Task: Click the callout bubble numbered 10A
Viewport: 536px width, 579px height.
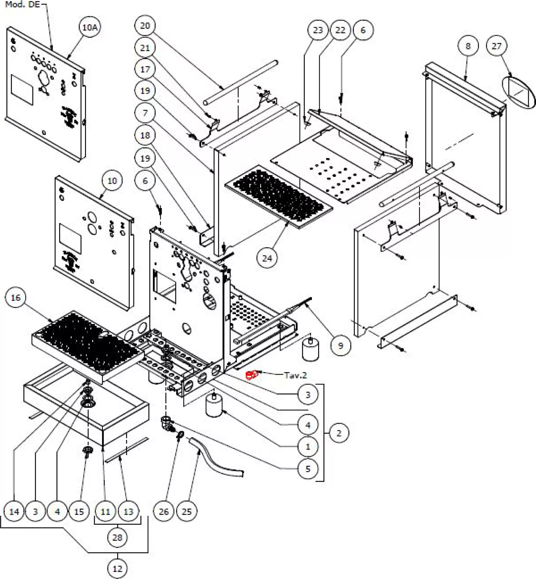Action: click(x=90, y=28)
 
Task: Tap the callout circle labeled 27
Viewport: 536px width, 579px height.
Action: click(x=496, y=46)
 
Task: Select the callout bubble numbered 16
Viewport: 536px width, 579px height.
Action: click(x=15, y=298)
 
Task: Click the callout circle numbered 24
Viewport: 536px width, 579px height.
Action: click(x=267, y=258)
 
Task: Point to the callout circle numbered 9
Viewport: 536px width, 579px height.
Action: click(x=340, y=345)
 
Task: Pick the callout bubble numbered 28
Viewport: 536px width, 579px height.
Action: click(x=117, y=538)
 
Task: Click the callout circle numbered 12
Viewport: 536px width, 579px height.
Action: click(x=117, y=569)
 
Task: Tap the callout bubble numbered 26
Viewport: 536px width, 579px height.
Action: click(x=164, y=511)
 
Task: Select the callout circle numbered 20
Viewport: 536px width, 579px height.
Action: click(x=145, y=26)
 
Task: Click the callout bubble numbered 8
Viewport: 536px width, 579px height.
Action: click(x=468, y=46)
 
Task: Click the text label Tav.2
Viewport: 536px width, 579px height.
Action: click(x=295, y=375)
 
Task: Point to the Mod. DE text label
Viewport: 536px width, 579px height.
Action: click(x=22, y=4)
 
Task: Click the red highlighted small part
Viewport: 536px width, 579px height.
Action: click(x=252, y=375)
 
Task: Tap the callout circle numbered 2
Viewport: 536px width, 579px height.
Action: click(x=339, y=433)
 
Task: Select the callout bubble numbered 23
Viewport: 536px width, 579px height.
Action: click(x=318, y=30)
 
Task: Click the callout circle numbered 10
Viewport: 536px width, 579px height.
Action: click(x=112, y=181)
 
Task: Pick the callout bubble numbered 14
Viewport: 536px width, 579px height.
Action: click(x=14, y=511)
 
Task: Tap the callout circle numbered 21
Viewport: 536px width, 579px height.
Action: click(x=145, y=48)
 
